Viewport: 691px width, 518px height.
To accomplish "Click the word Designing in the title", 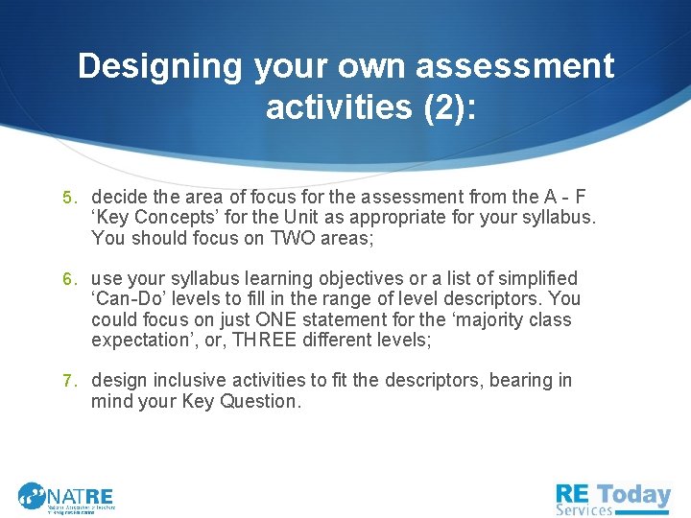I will [161, 67].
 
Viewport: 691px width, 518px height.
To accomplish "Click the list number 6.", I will [68, 280].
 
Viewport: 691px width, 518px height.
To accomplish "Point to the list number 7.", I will [68, 382].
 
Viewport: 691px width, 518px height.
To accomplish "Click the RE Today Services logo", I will [613, 497].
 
